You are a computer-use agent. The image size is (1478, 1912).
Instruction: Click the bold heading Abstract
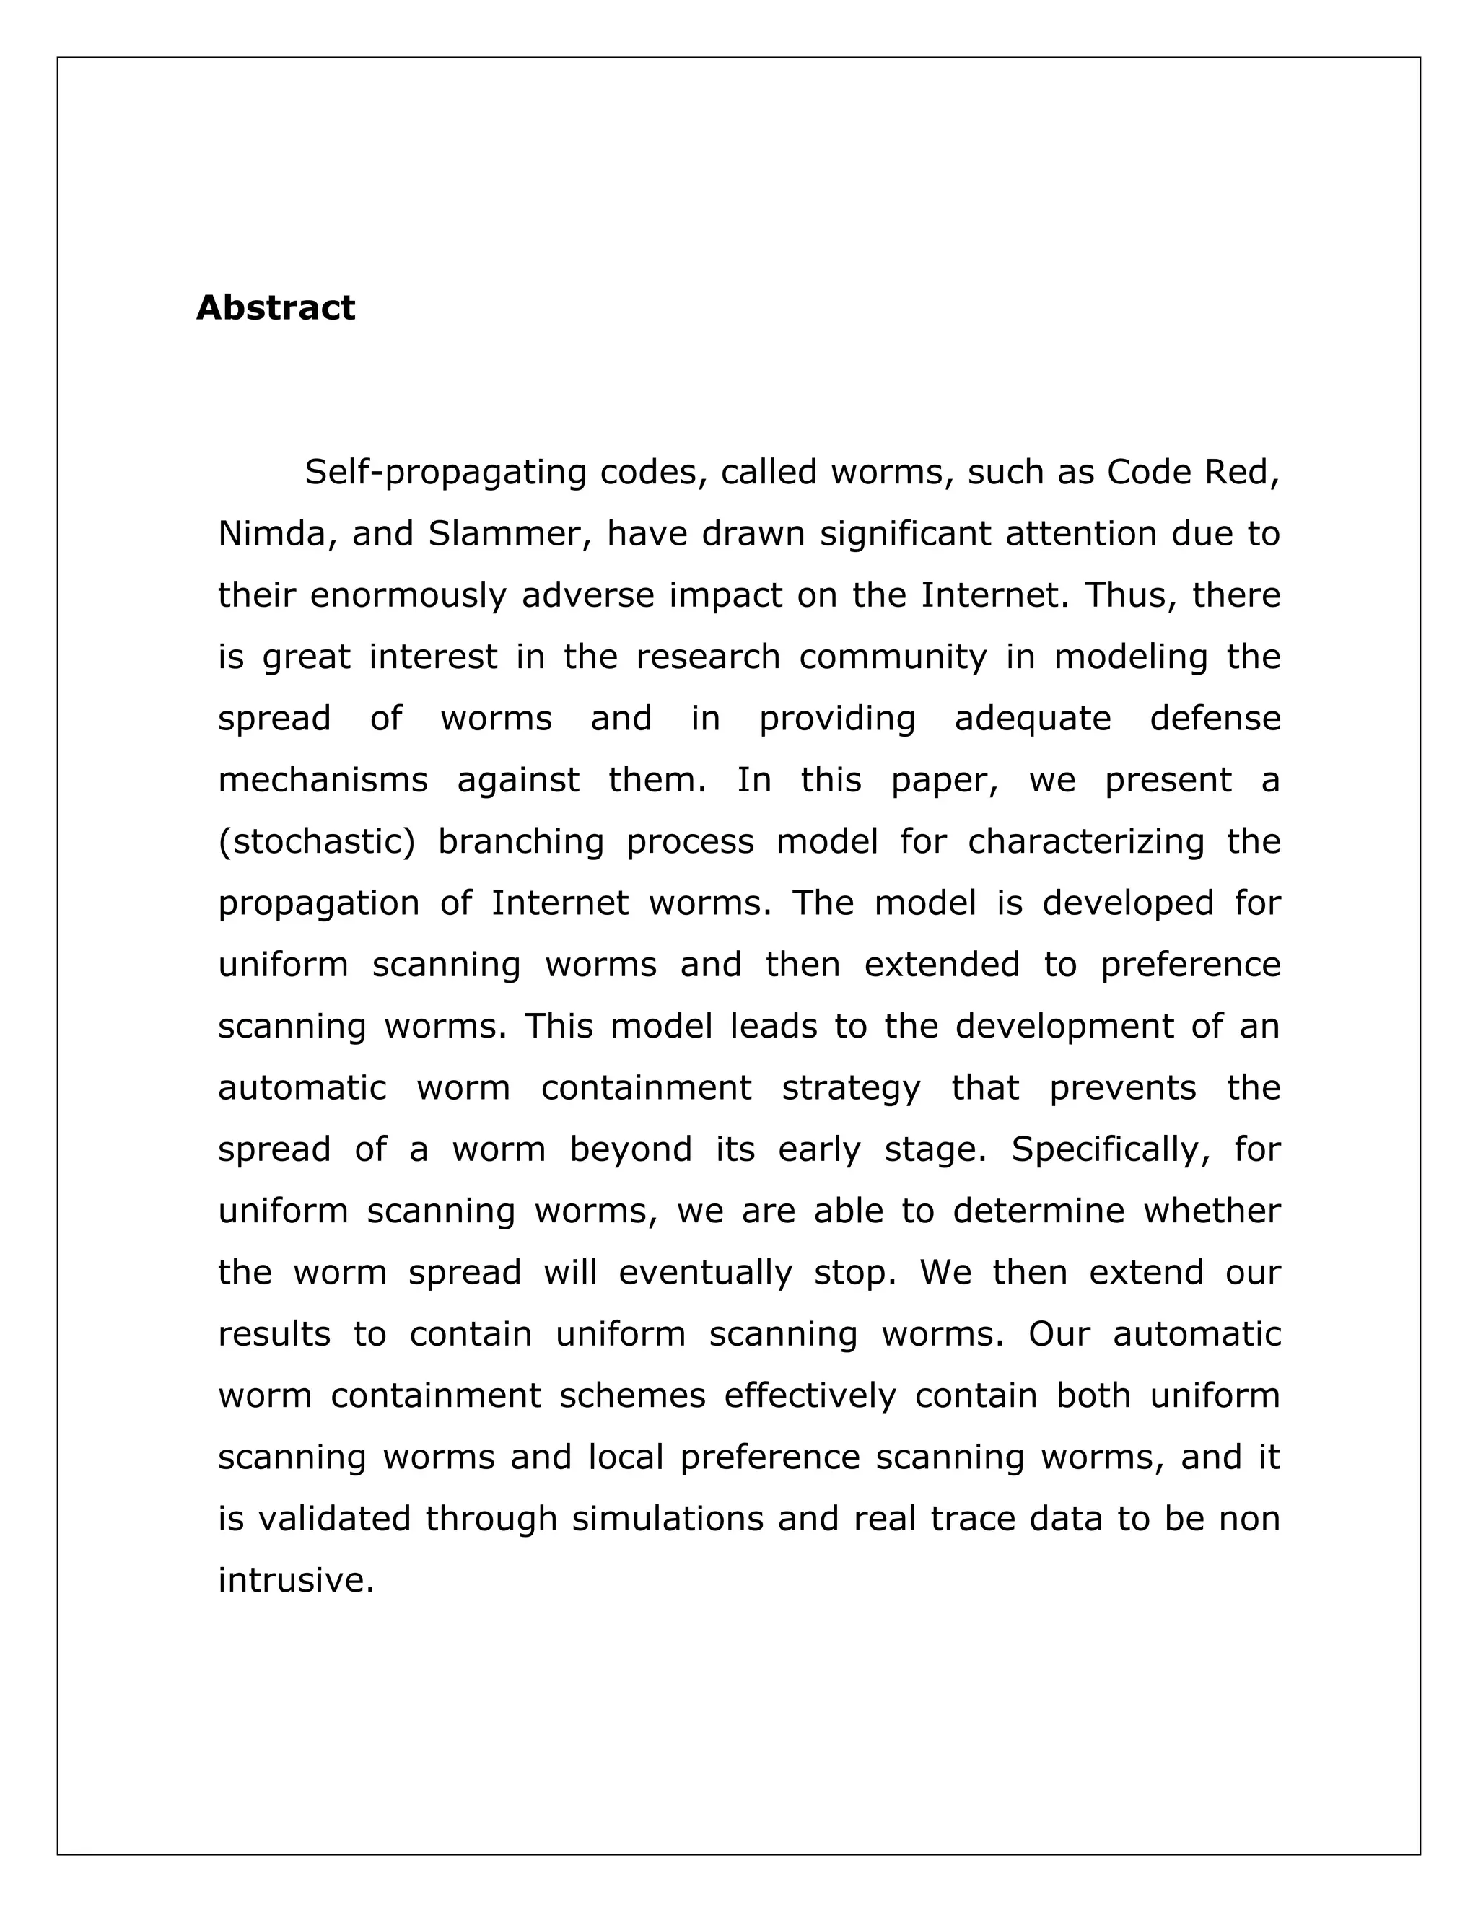[x=275, y=308]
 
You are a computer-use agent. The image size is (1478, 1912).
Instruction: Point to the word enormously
[x=408, y=595]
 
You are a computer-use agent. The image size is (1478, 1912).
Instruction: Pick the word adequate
[x=1032, y=719]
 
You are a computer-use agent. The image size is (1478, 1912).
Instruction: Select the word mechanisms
[x=322, y=780]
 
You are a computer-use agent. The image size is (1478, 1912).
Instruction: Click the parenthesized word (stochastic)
[x=317, y=841]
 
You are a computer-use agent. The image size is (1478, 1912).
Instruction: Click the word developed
[x=1128, y=903]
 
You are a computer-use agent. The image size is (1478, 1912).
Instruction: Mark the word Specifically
[x=1111, y=1149]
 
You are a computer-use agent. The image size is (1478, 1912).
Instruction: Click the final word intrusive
[x=296, y=1580]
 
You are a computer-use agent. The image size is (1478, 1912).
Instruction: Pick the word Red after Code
[x=1241, y=473]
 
